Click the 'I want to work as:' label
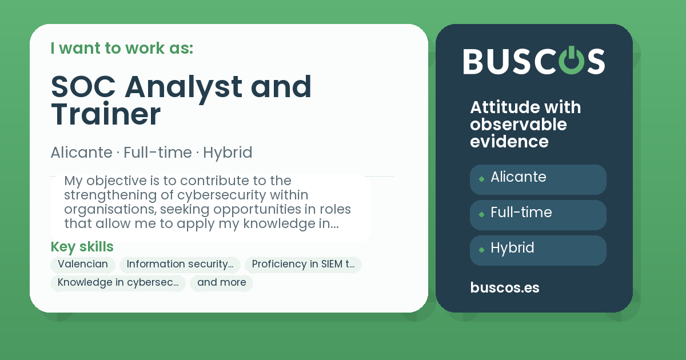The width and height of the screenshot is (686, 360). pyautogui.click(x=122, y=49)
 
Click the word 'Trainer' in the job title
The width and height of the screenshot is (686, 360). pyautogui.click(x=106, y=114)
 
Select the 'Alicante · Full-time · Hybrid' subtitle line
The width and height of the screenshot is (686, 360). pyautogui.click(x=151, y=153)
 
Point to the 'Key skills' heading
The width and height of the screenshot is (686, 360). pyautogui.click(x=82, y=247)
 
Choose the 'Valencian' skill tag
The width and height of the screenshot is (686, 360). pyautogui.click(x=83, y=265)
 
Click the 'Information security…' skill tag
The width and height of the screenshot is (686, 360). pyautogui.click(x=180, y=265)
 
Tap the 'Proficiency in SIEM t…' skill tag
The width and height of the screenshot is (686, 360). pyautogui.click(x=303, y=265)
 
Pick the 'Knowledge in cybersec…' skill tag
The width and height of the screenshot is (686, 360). pyautogui.click(x=118, y=283)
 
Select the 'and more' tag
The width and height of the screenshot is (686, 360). pyautogui.click(x=221, y=283)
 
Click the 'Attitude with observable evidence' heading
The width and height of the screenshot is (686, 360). pyautogui.click(x=525, y=124)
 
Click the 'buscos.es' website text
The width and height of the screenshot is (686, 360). pyautogui.click(x=504, y=288)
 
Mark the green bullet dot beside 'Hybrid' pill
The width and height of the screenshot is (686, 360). pyautogui.click(x=481, y=250)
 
